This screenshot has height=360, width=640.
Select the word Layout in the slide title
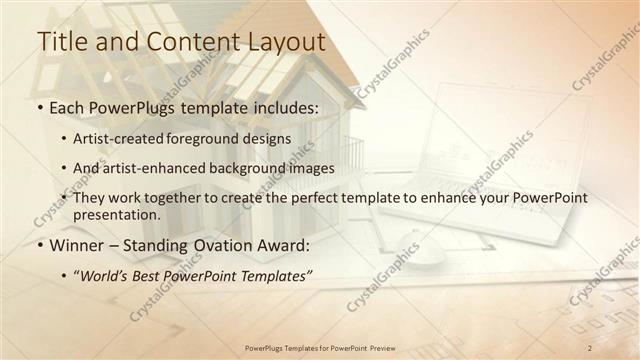point(288,42)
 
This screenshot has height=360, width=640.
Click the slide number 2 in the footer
point(590,347)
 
